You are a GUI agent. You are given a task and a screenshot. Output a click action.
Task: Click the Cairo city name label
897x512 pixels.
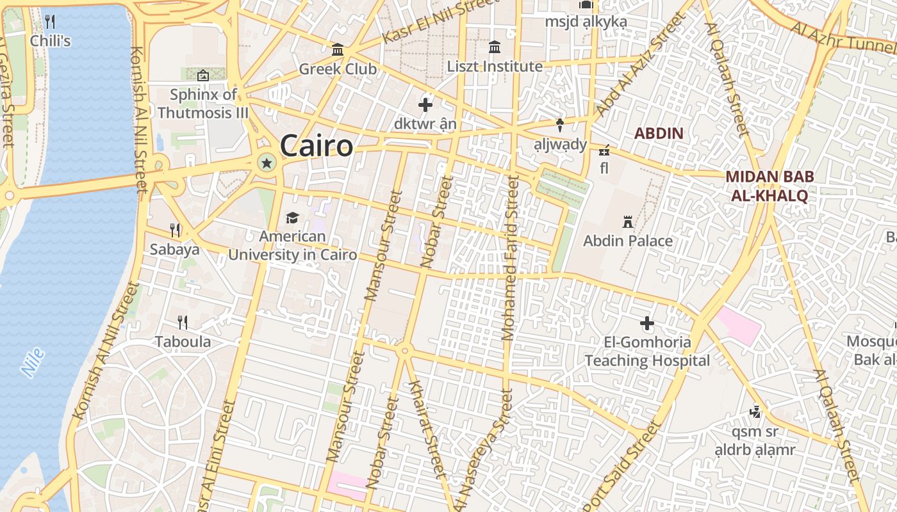point(317,146)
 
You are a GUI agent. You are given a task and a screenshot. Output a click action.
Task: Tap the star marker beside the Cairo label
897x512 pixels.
point(267,164)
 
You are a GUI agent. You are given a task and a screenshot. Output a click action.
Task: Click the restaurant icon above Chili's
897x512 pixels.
point(50,22)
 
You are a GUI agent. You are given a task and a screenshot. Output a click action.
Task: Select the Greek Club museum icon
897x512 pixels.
point(338,50)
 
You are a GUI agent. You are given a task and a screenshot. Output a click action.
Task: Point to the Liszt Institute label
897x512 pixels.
point(495,67)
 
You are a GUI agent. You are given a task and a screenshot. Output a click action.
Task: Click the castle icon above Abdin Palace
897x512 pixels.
point(628,223)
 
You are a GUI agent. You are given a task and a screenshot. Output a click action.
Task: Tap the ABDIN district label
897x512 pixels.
point(659,134)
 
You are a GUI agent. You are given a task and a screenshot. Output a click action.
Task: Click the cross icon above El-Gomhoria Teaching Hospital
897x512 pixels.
point(647,323)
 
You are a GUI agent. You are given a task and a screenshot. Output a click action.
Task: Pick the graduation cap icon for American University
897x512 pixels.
point(292,218)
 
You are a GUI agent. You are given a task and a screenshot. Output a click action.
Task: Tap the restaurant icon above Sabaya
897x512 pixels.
point(175,230)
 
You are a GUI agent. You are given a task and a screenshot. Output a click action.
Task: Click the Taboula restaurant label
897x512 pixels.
point(183,341)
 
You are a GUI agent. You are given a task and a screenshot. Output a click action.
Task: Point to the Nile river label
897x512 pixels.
point(32,362)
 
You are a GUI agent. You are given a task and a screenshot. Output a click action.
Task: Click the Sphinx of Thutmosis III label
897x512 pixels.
point(203,104)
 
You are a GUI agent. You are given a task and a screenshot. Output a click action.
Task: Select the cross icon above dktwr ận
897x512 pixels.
point(425,105)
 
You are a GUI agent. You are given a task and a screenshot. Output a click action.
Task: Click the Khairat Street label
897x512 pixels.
point(426,429)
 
